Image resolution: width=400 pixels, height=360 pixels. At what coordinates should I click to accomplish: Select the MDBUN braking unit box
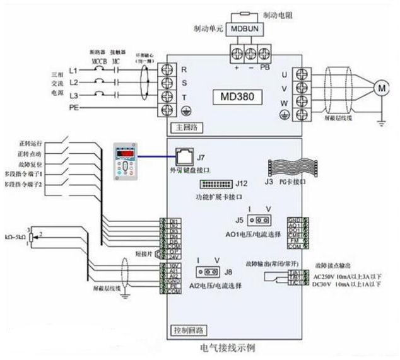[x=244, y=29]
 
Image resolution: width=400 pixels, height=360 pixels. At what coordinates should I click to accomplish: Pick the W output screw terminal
[x=302, y=100]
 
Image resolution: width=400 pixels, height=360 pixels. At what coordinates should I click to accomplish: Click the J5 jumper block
[x=259, y=220]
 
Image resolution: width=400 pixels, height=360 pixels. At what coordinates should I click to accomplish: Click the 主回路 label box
[x=179, y=127]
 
